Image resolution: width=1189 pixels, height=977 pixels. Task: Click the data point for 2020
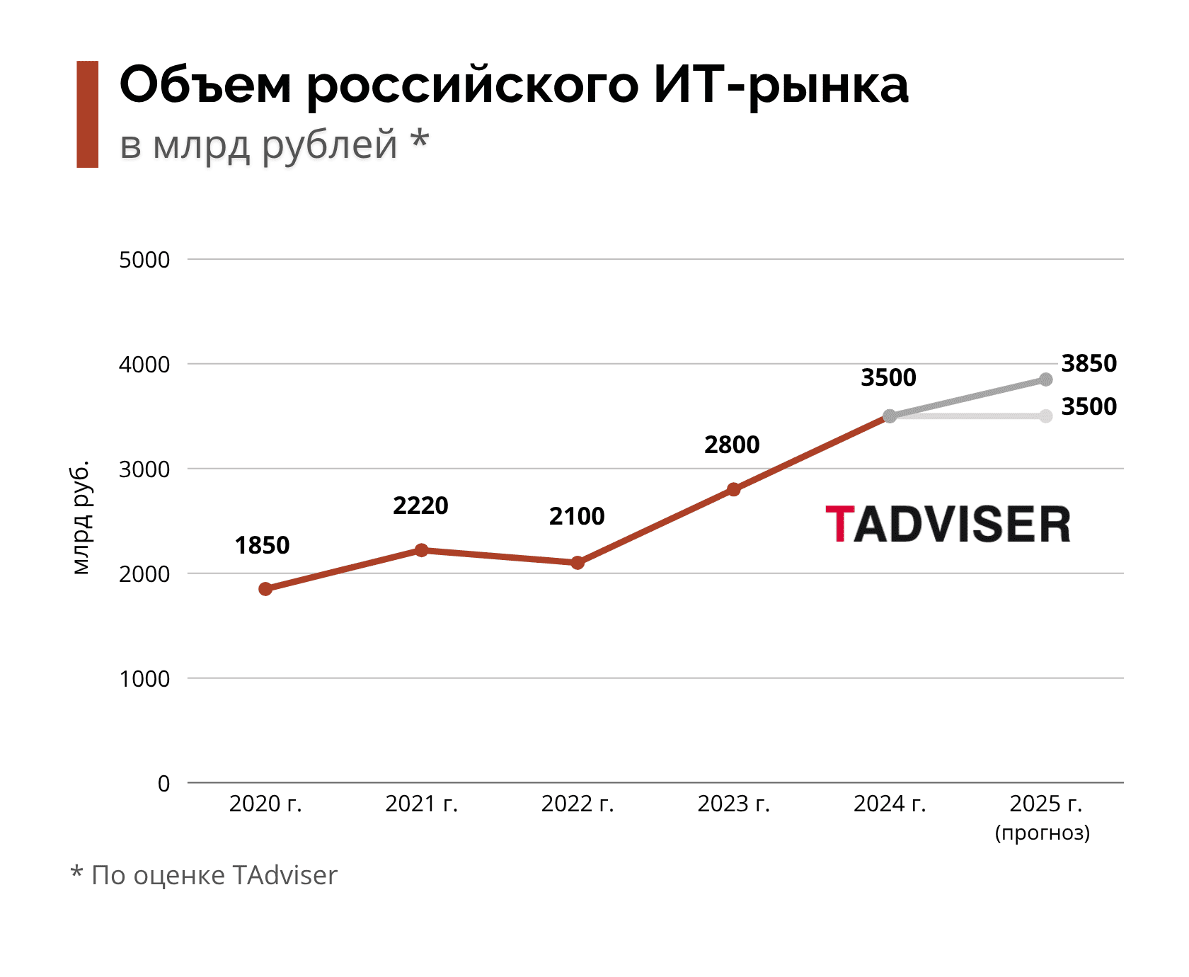click(x=265, y=589)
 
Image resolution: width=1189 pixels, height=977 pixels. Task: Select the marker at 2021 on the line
click(x=422, y=550)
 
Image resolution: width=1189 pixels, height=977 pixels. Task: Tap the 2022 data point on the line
click(x=578, y=563)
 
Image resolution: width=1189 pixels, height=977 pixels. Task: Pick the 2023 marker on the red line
click(x=734, y=489)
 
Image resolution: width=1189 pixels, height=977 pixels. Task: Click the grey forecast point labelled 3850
click(x=1046, y=380)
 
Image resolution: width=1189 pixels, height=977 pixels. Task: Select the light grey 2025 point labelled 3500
click(x=1046, y=416)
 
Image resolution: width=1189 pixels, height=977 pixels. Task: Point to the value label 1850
click(x=262, y=546)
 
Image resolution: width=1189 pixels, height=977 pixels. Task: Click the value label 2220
click(x=420, y=506)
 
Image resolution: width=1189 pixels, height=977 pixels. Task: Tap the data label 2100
click(x=577, y=517)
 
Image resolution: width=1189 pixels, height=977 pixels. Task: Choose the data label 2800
click(x=732, y=445)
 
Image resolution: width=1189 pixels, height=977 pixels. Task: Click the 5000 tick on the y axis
click(x=144, y=260)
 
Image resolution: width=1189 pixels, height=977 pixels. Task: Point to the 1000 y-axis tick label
click(x=144, y=679)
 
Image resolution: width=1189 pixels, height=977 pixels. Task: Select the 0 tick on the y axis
click(x=164, y=784)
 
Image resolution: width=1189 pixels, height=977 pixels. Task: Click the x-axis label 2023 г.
click(x=734, y=804)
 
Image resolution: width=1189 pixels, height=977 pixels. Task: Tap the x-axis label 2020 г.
click(x=265, y=804)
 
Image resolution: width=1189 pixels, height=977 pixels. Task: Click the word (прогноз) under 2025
click(x=1042, y=833)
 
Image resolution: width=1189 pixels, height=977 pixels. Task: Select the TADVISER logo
click(x=948, y=525)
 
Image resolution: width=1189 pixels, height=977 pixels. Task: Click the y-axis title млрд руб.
click(x=81, y=518)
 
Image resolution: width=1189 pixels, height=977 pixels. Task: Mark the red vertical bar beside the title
click(x=88, y=115)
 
